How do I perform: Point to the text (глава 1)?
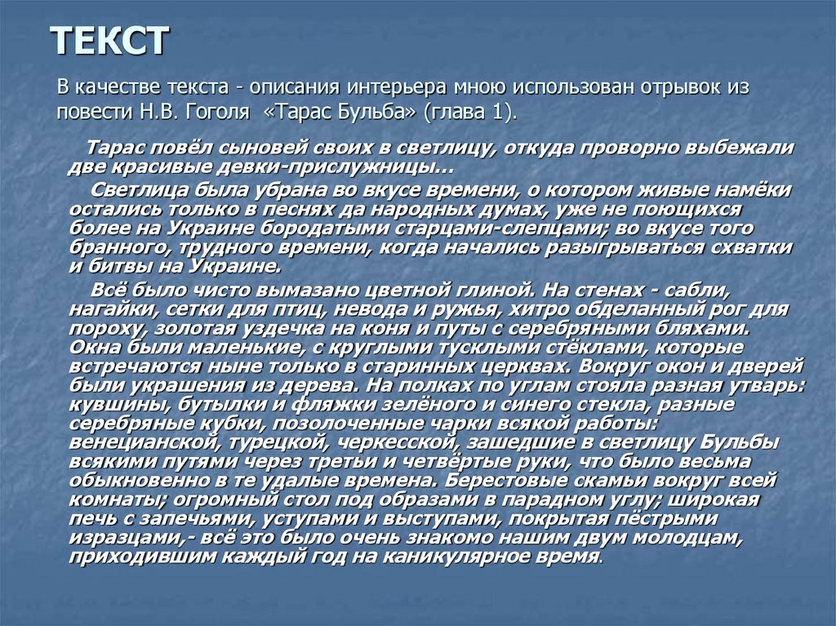click(x=469, y=112)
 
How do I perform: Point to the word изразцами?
click(x=121, y=538)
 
